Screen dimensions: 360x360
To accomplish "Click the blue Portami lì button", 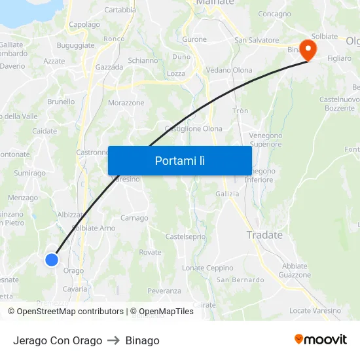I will (179, 160).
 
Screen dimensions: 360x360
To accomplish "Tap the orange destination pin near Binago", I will (307, 50).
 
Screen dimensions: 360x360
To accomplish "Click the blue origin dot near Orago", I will (52, 260).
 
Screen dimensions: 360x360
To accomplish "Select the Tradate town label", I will (264, 235).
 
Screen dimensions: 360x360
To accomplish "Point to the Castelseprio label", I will (185, 236).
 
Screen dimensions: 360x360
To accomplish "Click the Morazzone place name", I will (126, 103).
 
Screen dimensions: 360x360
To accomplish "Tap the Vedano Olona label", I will (229, 70).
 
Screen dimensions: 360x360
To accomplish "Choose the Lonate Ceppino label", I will (207, 268).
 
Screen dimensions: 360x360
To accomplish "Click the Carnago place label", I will (134, 218).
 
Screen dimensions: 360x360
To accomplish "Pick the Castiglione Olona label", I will (194, 129).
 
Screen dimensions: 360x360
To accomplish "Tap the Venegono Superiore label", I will (266, 139).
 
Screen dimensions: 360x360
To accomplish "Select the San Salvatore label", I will (257, 40).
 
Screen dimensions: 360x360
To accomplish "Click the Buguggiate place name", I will (75, 45).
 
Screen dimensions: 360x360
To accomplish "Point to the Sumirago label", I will (30, 173).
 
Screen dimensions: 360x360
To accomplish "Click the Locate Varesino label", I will (315, 310).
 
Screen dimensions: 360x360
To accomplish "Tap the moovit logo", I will (321, 340).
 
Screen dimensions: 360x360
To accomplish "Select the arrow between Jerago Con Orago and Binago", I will (114, 340).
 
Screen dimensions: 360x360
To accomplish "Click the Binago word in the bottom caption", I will (142, 340).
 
